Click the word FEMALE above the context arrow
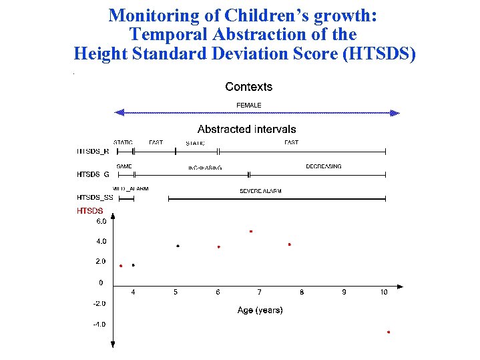point(249,105)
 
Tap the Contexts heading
point(248,87)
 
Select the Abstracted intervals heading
point(246,129)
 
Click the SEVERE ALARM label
point(260,191)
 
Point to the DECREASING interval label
point(323,166)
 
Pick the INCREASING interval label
point(205,168)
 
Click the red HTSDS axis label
point(90,210)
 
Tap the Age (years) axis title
point(260,310)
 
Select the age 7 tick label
point(259,292)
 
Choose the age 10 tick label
point(384,292)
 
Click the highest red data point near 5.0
point(250,231)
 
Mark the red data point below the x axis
point(388,332)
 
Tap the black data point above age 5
point(178,246)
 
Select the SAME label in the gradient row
point(124,166)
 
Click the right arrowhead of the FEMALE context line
point(395,113)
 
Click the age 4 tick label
point(133,292)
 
